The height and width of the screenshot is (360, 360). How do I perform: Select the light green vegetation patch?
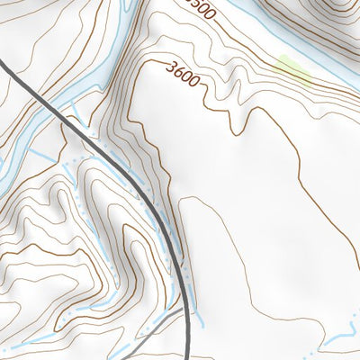tap(293, 69)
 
